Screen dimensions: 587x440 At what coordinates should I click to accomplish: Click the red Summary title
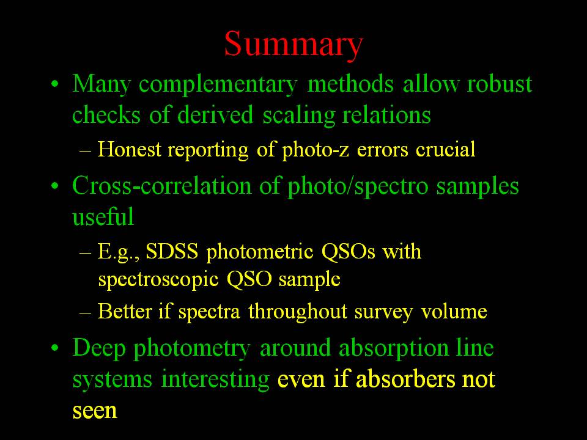pos(294,45)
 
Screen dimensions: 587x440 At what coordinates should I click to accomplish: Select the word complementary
pos(218,84)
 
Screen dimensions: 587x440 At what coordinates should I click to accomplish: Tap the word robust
pos(500,84)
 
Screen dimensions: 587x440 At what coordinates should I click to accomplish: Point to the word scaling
pos(298,116)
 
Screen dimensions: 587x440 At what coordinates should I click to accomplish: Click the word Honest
pos(130,149)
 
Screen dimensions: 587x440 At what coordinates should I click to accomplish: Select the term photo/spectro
pos(358,186)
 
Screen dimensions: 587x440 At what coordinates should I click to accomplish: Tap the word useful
pos(103,216)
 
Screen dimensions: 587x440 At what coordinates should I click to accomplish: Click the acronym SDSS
pos(172,251)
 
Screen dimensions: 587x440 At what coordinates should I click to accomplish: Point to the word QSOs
pos(348,251)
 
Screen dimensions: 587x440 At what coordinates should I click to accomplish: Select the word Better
pos(124,311)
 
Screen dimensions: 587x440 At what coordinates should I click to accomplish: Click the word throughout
pos(298,311)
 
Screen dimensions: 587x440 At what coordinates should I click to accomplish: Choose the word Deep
pos(99,348)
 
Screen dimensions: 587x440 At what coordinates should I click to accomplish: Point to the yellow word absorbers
pos(406,379)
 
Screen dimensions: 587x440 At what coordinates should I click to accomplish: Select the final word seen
pos(95,410)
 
